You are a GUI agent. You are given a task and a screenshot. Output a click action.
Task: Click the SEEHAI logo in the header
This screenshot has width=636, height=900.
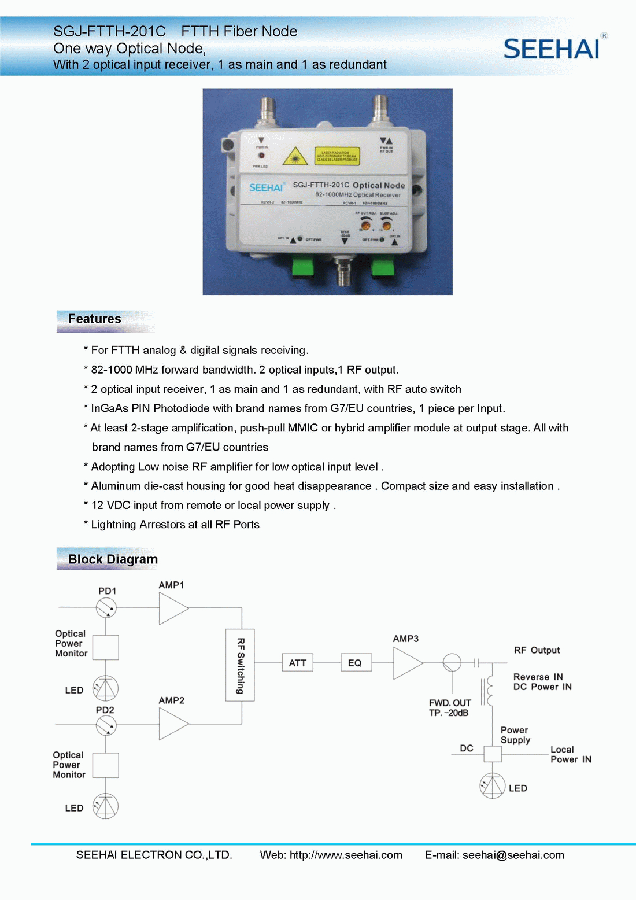coord(552,49)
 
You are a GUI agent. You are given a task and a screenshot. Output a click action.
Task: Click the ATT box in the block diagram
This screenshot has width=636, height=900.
coord(298,663)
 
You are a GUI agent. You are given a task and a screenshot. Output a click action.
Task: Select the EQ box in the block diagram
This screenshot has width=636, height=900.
coord(355,663)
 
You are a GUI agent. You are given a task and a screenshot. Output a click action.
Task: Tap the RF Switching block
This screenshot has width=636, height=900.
coord(240,665)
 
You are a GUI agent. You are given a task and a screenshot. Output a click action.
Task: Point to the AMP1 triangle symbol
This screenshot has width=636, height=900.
coord(172,608)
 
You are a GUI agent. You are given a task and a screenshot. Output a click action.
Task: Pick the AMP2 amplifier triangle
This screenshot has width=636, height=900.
coord(172,724)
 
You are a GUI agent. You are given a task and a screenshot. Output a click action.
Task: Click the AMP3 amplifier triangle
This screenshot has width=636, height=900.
coord(407,663)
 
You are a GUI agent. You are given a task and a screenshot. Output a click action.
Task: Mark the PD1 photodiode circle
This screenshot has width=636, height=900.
coord(106,607)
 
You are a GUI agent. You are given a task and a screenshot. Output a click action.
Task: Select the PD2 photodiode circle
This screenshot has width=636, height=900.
coord(106,725)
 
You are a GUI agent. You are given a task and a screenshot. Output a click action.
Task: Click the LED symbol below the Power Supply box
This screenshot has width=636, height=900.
coord(493,786)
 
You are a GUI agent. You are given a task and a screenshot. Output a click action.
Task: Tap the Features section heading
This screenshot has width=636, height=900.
coord(95,319)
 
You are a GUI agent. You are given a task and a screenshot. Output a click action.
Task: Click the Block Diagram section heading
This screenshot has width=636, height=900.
coord(113,559)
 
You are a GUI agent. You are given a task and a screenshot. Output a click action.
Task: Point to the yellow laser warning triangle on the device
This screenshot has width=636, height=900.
coord(295,156)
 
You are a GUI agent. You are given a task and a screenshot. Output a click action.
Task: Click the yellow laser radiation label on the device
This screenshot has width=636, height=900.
coord(337,156)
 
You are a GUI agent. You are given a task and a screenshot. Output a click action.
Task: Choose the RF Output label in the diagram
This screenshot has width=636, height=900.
coord(537,650)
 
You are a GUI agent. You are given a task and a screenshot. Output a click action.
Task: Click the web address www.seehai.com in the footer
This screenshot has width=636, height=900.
coord(346,855)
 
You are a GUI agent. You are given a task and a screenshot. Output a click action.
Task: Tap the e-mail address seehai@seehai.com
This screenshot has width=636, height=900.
coord(513,855)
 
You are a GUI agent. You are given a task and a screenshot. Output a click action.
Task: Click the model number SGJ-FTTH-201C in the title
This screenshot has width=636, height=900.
coord(109,31)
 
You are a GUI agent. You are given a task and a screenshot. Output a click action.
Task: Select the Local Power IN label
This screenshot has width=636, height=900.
coord(571,754)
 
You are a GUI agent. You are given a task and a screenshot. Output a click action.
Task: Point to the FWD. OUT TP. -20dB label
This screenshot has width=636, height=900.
coord(450,708)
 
